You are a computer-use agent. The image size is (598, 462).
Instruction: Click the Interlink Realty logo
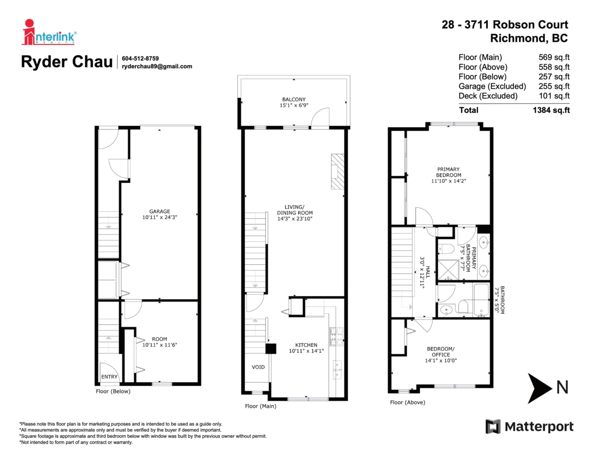click(49, 32)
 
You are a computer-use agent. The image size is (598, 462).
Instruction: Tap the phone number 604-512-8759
click(141, 59)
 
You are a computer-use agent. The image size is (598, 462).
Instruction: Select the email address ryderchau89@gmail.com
click(157, 66)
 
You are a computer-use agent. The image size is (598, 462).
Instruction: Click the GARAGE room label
click(159, 211)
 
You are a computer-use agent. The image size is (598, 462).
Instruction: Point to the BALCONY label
click(294, 99)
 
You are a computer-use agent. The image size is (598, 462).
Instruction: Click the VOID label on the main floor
click(258, 367)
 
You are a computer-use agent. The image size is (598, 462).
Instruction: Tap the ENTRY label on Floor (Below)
click(109, 377)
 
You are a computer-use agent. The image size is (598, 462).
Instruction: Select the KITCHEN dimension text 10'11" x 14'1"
click(306, 351)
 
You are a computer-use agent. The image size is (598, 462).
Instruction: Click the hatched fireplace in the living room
click(337, 172)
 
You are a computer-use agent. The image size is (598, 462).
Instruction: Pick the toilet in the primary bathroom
click(446, 249)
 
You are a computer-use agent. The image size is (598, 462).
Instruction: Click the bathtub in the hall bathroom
click(481, 300)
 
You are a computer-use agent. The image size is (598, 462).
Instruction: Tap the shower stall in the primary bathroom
click(448, 270)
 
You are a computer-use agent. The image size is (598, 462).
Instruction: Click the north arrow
click(539, 388)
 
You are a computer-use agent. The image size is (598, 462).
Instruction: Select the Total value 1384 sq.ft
click(551, 110)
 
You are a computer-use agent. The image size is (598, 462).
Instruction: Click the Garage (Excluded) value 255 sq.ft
click(554, 86)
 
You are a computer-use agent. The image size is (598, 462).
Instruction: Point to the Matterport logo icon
click(493, 427)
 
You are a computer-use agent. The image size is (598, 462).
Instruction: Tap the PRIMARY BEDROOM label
click(448, 172)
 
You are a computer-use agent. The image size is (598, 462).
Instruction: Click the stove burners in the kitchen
click(336, 336)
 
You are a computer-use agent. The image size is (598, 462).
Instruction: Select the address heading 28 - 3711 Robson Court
click(505, 25)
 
